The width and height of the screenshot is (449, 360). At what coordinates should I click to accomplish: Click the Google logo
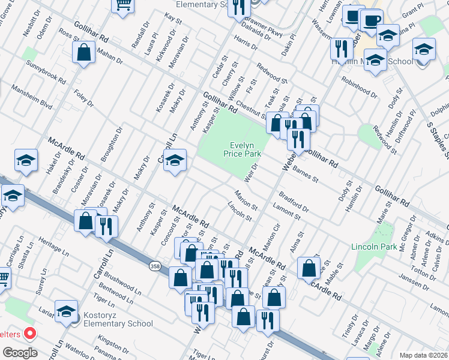(20, 353)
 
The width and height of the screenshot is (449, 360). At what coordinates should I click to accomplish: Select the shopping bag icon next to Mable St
(309, 269)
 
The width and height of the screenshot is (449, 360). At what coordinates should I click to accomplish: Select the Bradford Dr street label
(293, 203)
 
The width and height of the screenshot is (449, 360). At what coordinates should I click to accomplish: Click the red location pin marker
(29, 334)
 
